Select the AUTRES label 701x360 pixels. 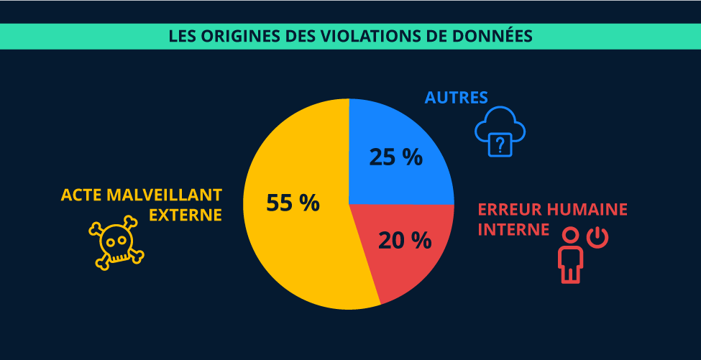(457, 98)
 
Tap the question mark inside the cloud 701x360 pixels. (500, 144)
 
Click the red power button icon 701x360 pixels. (597, 237)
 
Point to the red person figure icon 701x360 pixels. (570, 255)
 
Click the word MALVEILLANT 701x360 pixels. (165, 195)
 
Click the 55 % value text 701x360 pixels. (293, 203)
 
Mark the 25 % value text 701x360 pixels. (395, 157)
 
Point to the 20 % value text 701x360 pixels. (405, 240)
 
